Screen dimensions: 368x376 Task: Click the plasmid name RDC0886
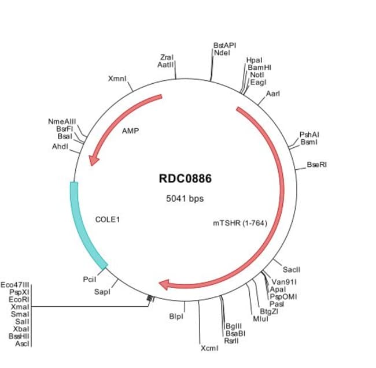tap(185, 179)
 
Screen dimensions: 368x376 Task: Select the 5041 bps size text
tap(185, 198)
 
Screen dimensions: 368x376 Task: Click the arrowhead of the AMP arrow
tap(91, 161)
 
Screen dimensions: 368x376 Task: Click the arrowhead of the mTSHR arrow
tap(165, 284)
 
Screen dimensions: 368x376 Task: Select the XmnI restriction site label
tap(117, 78)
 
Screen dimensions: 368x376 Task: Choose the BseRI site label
tap(317, 165)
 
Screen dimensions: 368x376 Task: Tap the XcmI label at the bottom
tap(209, 349)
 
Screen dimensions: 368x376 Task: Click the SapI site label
tap(102, 292)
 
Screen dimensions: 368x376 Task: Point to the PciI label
tap(90, 280)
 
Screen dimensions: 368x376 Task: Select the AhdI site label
tap(60, 147)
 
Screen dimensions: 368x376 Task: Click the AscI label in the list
tap(21, 343)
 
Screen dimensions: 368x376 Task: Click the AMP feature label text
tap(131, 131)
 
